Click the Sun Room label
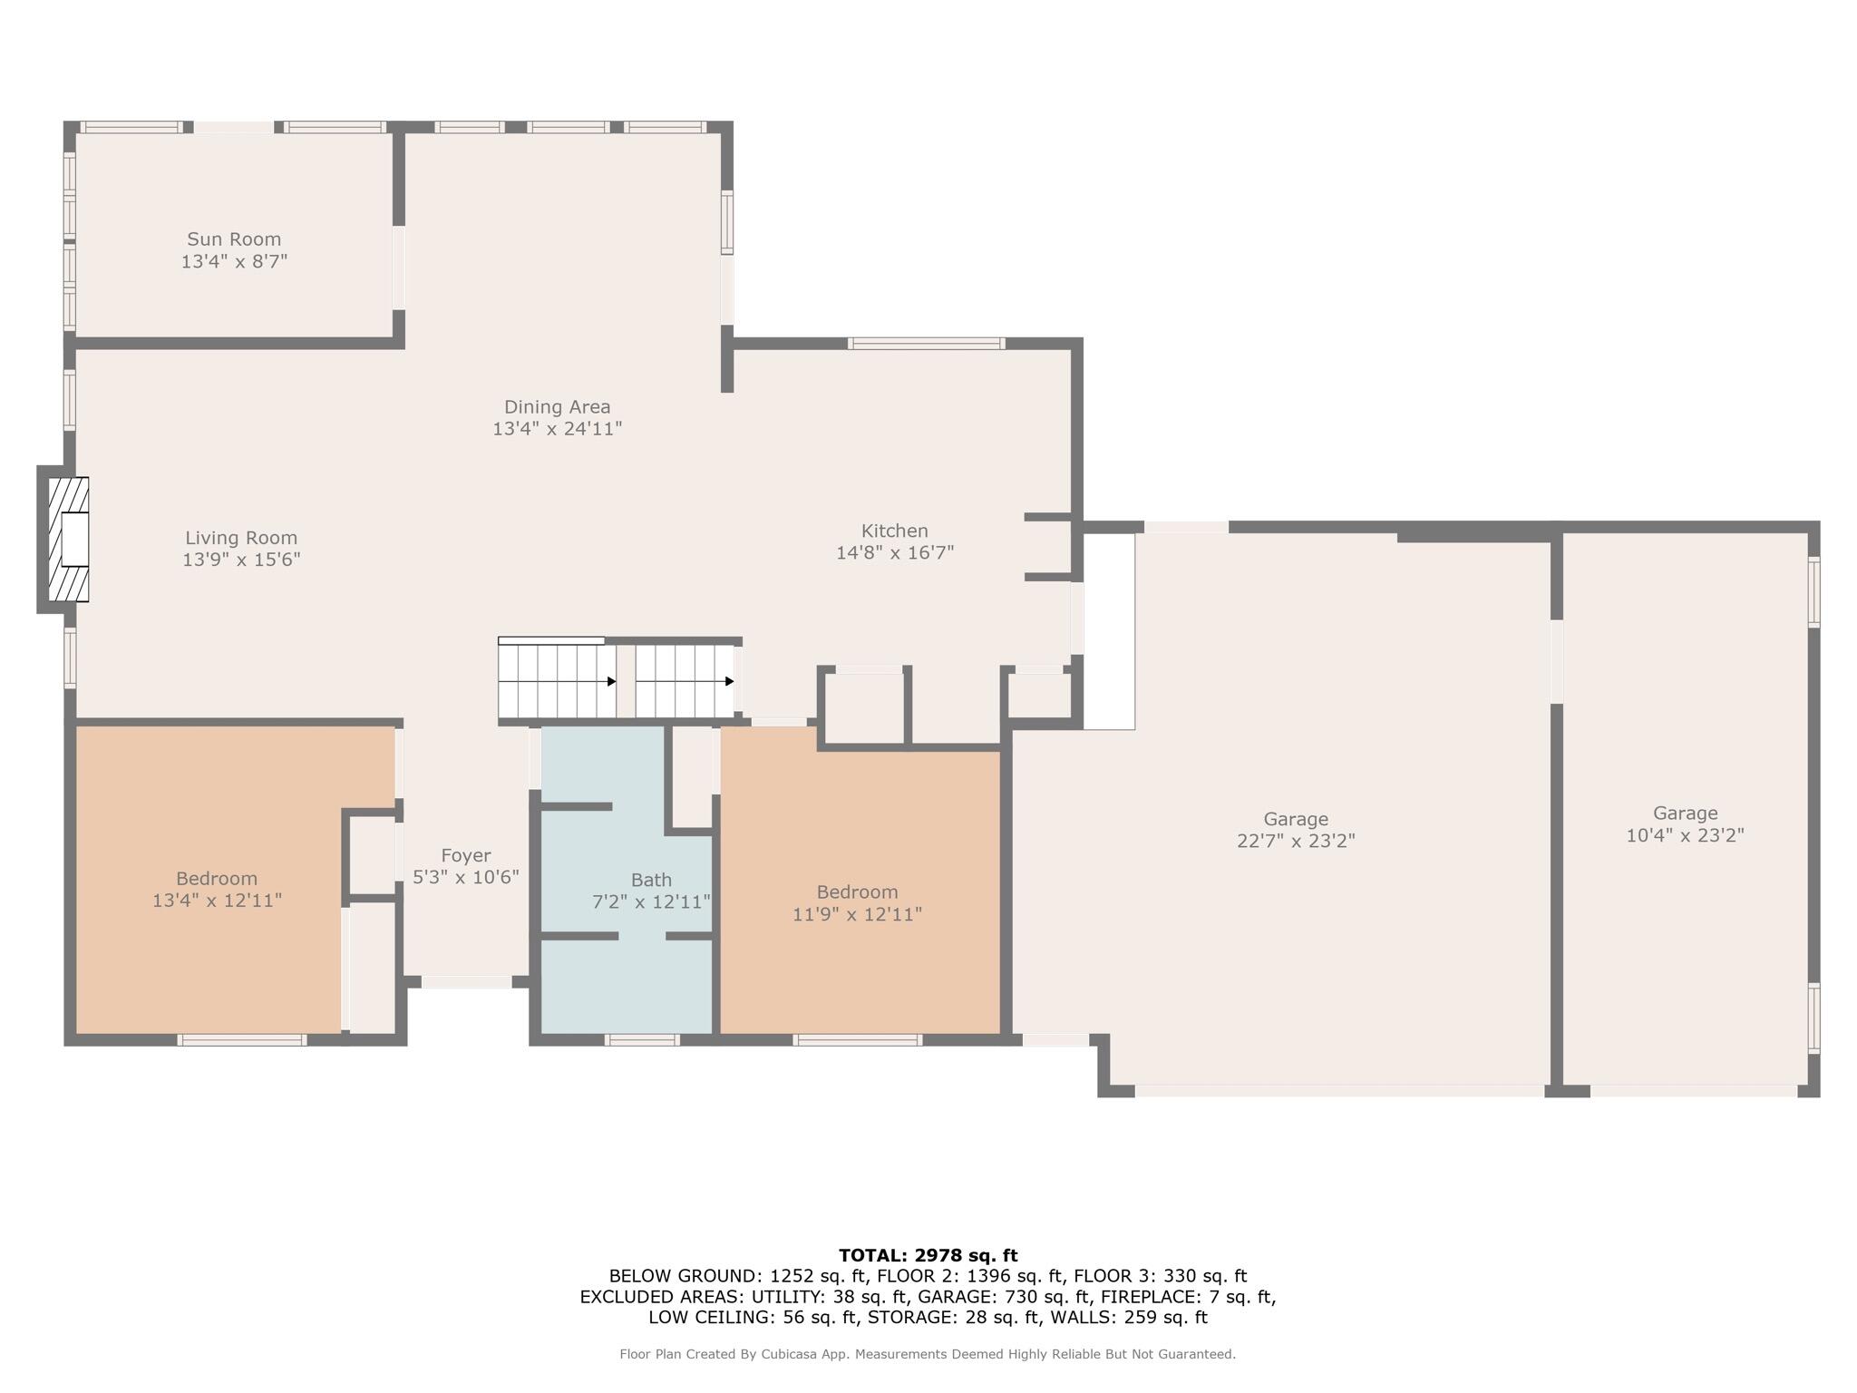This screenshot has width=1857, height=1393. (234, 239)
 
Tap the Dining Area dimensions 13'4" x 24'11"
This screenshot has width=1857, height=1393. (557, 429)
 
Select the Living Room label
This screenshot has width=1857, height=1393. (241, 538)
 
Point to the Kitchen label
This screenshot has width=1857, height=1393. (894, 531)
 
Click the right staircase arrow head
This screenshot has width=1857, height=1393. (729, 681)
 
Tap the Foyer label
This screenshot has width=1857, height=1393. (466, 855)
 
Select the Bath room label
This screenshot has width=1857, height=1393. (651, 880)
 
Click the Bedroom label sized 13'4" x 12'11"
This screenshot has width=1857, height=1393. (217, 878)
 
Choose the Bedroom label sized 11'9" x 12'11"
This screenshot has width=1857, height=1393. (857, 891)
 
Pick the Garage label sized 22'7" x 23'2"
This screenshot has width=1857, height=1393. (1295, 819)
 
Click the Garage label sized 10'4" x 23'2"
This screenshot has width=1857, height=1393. (1685, 813)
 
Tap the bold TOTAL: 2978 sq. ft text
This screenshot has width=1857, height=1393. (928, 1255)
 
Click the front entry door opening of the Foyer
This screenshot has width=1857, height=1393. (467, 981)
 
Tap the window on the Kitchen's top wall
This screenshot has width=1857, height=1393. (926, 343)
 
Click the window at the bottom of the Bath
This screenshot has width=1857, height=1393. (642, 1039)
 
